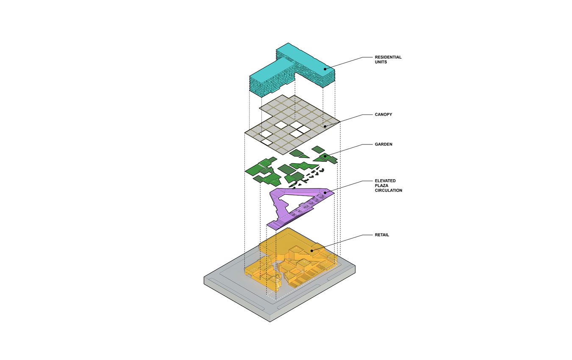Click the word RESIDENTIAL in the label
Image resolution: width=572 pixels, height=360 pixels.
(x=388, y=57)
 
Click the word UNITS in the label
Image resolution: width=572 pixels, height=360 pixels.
(x=381, y=62)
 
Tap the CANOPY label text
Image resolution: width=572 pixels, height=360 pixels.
(x=383, y=115)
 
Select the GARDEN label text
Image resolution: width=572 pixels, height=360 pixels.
(x=383, y=144)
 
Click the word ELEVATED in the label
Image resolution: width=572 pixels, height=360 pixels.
(x=385, y=181)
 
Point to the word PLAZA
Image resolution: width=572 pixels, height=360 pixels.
(x=381, y=186)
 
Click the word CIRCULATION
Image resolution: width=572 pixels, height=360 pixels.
(x=389, y=191)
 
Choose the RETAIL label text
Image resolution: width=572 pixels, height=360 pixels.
(x=382, y=235)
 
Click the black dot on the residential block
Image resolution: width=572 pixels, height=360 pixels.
(x=325, y=69)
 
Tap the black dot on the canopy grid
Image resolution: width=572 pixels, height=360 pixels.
(x=325, y=126)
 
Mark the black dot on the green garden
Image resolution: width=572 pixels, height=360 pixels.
(x=325, y=156)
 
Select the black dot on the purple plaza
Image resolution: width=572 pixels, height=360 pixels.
(x=325, y=193)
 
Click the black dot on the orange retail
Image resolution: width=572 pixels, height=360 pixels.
(x=312, y=251)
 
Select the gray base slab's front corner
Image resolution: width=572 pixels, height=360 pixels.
(x=270, y=322)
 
